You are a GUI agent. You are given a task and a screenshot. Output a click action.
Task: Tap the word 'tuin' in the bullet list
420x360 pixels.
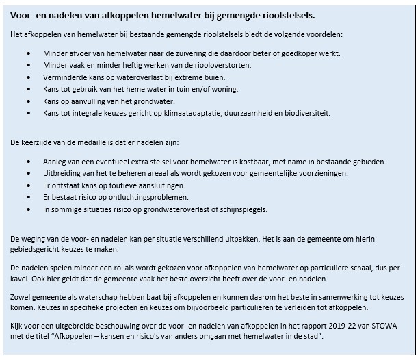click(191, 90)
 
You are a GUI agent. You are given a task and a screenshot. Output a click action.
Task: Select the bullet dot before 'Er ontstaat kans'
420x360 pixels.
click(27, 186)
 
